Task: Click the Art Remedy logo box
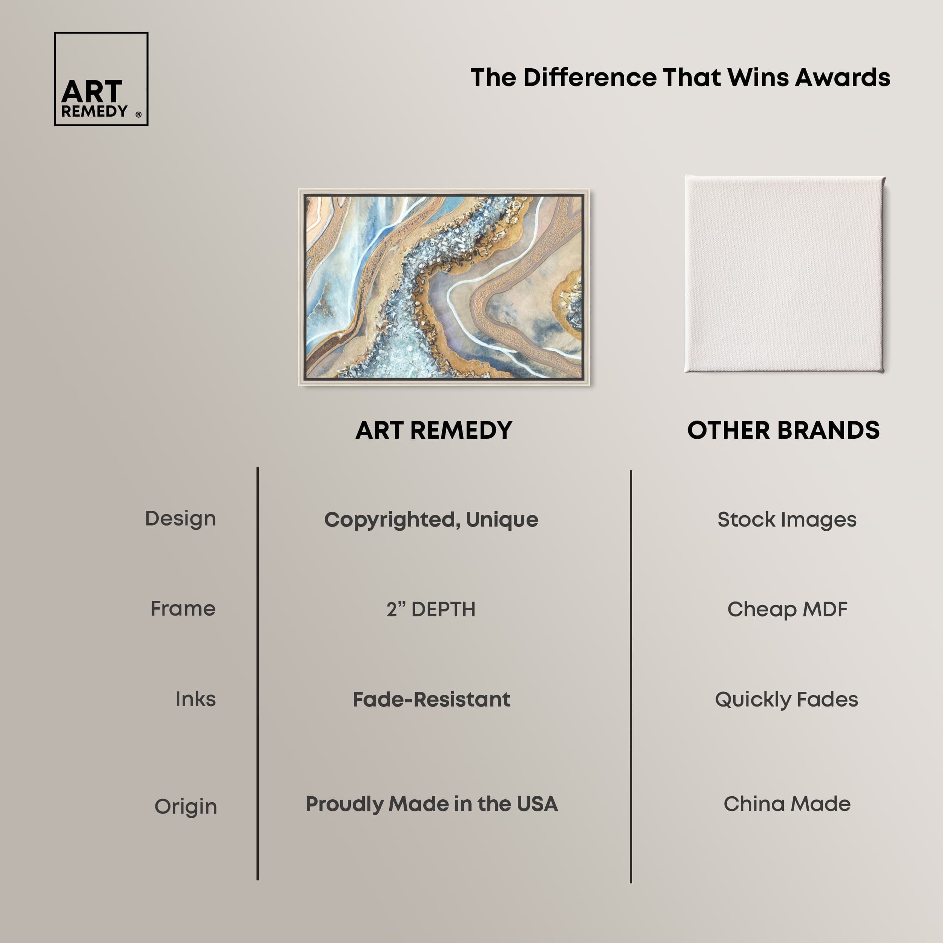tap(101, 78)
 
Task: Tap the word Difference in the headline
tap(590, 78)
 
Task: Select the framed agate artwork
tap(444, 287)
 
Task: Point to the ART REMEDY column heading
tap(434, 430)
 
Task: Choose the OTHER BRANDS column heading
tap(783, 430)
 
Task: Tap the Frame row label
tap(183, 609)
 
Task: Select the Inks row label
tap(195, 699)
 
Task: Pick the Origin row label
tap(186, 807)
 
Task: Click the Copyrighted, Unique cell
tap(431, 520)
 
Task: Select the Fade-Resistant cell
tap(432, 699)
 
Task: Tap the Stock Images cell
tap(787, 520)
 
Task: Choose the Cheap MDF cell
tap(787, 609)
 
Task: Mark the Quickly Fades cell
tap(786, 699)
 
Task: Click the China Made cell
tap(787, 804)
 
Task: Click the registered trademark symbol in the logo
tap(138, 115)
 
